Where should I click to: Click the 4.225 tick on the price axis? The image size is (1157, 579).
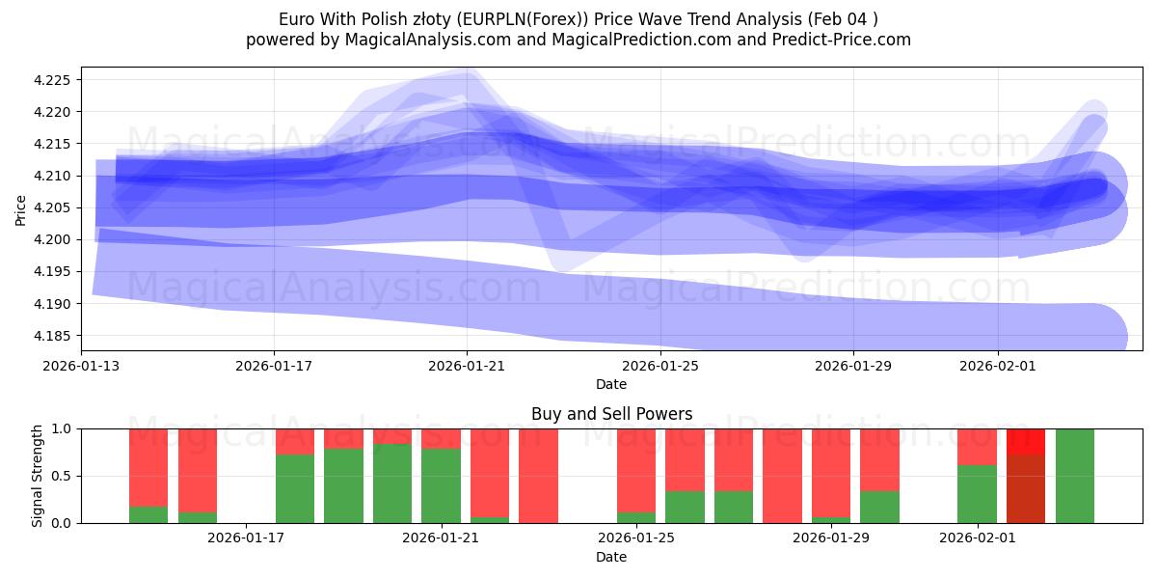54,80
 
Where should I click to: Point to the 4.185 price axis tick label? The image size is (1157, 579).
54,336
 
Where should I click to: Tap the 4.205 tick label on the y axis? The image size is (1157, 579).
54,207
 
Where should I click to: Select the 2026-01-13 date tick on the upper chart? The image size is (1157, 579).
80,367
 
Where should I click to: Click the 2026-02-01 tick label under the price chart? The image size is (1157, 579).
997,367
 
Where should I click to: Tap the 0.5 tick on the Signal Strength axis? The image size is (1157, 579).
62,476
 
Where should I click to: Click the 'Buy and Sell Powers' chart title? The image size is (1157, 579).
611,414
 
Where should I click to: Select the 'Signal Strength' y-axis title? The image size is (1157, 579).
39,476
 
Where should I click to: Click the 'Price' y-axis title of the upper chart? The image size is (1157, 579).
21,208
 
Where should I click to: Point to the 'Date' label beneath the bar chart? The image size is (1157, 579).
611,557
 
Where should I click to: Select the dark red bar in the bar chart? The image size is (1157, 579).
1026,488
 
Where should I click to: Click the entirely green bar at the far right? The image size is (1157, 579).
1074,476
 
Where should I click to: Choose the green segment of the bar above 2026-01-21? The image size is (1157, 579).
441,485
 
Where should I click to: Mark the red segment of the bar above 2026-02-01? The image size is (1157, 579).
977,447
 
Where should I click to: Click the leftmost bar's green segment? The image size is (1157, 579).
148,514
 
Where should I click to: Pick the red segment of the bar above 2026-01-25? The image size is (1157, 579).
636,469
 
